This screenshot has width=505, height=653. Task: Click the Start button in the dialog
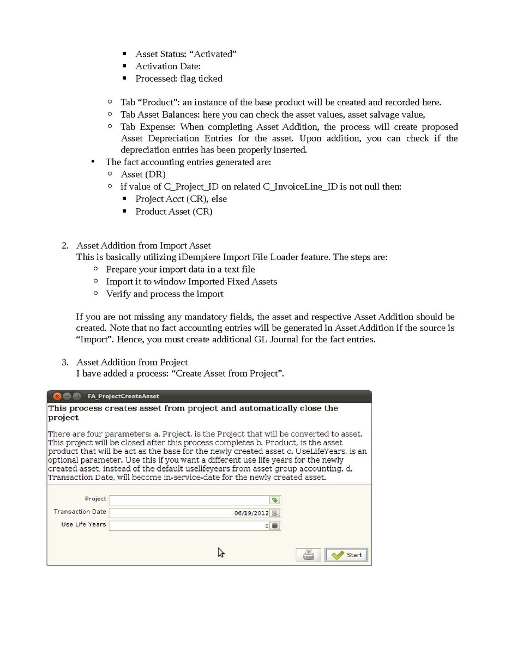pyautogui.click(x=346, y=555)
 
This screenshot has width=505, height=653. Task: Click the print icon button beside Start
pyautogui.click(x=308, y=555)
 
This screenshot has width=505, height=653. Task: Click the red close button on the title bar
pyautogui.click(x=57, y=396)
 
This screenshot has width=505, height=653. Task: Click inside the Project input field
pyautogui.click(x=189, y=500)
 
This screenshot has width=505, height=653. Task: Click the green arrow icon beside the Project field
pyautogui.click(x=275, y=500)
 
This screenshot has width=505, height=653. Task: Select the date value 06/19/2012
pyautogui.click(x=251, y=513)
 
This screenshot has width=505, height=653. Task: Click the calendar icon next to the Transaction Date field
pyautogui.click(x=275, y=513)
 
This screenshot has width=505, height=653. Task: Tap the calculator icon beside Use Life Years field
pyautogui.click(x=275, y=526)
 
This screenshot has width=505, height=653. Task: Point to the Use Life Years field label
pyautogui.click(x=83, y=524)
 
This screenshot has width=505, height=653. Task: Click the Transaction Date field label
pyautogui.click(x=80, y=511)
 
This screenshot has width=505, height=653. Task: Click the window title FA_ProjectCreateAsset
pyautogui.click(x=123, y=396)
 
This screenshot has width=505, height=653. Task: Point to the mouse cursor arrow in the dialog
pyautogui.click(x=220, y=552)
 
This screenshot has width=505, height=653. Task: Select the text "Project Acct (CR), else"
pyautogui.click(x=181, y=199)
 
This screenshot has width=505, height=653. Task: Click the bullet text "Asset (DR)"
pyautogui.click(x=143, y=174)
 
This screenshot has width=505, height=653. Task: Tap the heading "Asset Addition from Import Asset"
pyautogui.click(x=143, y=245)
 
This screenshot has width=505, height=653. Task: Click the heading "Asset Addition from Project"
pyautogui.click(x=132, y=362)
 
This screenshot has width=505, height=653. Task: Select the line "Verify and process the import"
pyautogui.click(x=165, y=294)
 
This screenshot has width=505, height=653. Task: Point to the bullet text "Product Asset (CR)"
pyautogui.click(x=173, y=211)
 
